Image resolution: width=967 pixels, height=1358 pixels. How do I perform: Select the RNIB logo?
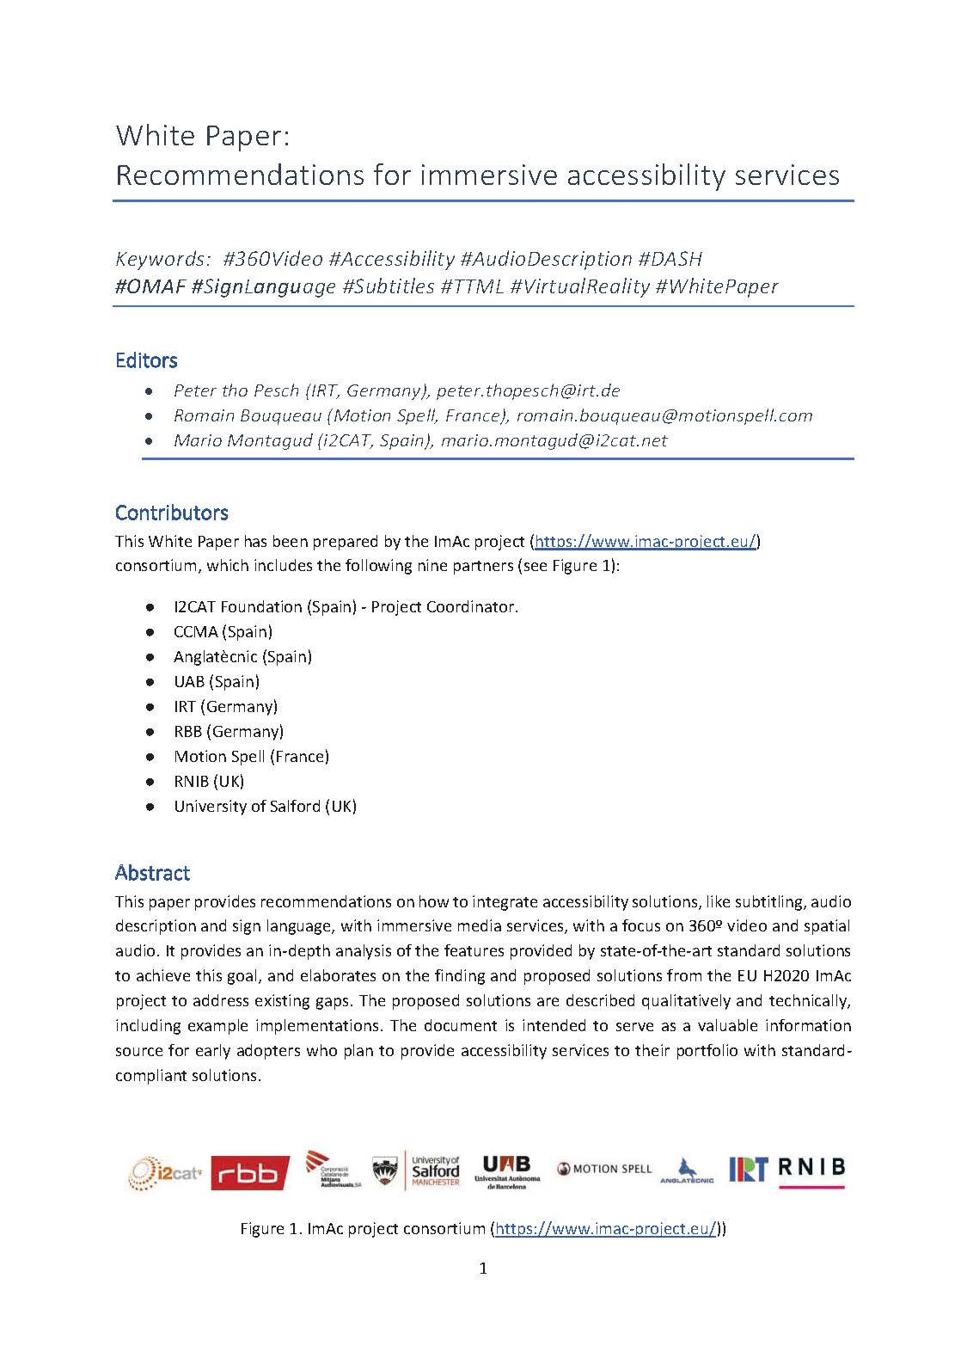[x=811, y=1170]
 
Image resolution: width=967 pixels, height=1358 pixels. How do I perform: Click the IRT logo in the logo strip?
[x=747, y=1170]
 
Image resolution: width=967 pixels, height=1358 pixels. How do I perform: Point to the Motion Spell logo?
[x=604, y=1169]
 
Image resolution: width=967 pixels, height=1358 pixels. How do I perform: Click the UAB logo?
[x=507, y=1171]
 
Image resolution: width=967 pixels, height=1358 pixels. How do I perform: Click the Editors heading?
[x=146, y=360]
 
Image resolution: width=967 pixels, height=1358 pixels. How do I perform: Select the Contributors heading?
[x=171, y=513]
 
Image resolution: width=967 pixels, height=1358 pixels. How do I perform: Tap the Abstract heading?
[x=152, y=873]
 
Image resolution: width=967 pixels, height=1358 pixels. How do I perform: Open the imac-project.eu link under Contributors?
[x=645, y=542]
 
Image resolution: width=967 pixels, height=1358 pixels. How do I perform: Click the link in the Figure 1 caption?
[x=606, y=1229]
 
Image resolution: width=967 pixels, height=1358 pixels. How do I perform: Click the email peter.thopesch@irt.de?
[x=528, y=390]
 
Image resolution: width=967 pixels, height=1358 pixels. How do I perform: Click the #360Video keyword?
[x=272, y=259]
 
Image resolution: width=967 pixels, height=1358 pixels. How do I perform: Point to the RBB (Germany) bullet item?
[x=229, y=732]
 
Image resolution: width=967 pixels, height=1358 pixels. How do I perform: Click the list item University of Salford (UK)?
[x=265, y=807]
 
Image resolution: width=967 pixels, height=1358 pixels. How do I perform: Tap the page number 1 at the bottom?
[x=483, y=1269]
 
